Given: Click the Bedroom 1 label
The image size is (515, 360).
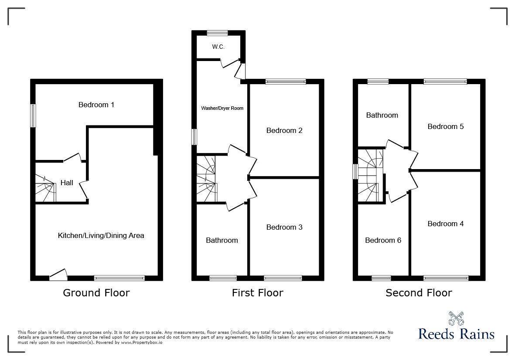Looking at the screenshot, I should (96, 105).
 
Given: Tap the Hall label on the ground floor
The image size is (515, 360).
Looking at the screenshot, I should (67, 183).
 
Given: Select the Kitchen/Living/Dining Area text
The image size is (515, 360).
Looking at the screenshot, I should (101, 235).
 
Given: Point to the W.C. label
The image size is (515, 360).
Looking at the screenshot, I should (218, 47).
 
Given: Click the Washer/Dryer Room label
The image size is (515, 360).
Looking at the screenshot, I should (222, 108).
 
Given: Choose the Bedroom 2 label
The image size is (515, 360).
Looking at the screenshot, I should (284, 130).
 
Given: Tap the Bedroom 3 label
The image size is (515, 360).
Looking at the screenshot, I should (284, 227).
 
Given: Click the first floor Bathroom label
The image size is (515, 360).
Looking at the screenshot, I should (222, 240).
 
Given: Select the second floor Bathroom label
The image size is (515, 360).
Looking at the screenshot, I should (382, 115).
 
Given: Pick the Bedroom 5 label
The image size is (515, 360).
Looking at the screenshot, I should (446, 126).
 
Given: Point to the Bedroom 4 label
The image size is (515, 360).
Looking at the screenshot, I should (446, 224).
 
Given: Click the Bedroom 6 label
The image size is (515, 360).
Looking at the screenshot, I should (383, 240).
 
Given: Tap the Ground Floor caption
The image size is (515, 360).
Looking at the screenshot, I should (96, 293).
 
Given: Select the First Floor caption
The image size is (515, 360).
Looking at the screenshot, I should (257, 293).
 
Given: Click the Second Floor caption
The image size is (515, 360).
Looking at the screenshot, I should (419, 293).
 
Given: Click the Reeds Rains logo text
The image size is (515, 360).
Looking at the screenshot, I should (456, 334).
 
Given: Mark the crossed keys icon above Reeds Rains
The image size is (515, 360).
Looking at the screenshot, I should (456, 318).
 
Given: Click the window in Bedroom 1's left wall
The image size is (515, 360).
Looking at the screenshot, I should (33, 115).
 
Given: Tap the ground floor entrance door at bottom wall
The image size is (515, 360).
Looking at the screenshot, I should (58, 274).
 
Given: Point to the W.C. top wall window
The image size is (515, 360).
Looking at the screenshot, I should (217, 33).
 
